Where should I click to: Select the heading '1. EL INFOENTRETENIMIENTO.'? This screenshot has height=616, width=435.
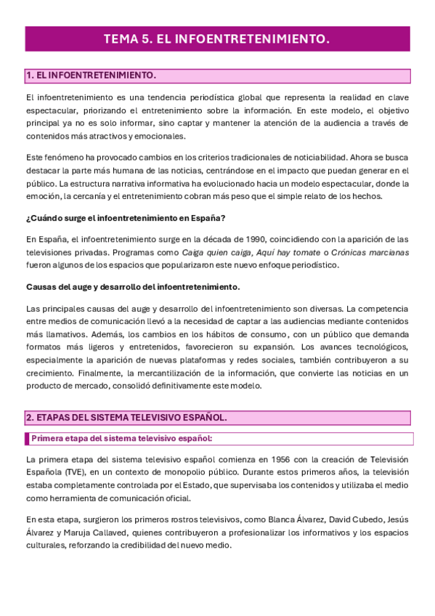click(x=92, y=76)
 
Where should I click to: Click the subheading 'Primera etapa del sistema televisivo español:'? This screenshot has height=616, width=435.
click(x=121, y=438)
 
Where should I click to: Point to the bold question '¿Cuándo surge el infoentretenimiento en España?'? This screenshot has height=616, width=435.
click(x=125, y=219)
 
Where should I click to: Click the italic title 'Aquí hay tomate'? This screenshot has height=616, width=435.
click(x=288, y=252)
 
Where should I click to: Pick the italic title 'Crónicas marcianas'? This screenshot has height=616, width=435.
click(x=373, y=252)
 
